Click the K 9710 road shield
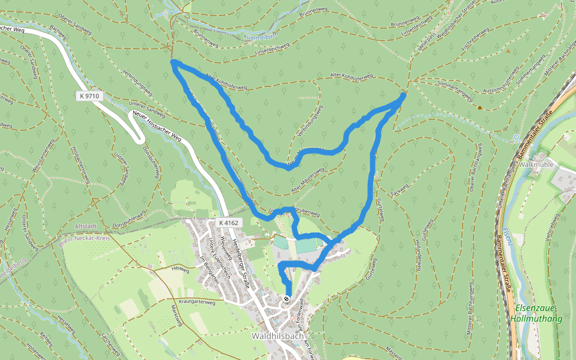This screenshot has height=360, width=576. coord(88,95)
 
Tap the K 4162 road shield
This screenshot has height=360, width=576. coord(228,223)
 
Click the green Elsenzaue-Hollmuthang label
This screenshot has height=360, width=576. coord(536,313)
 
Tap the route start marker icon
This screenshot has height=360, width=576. coord(287,298)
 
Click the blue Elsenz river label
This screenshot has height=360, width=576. coord(509,235)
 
